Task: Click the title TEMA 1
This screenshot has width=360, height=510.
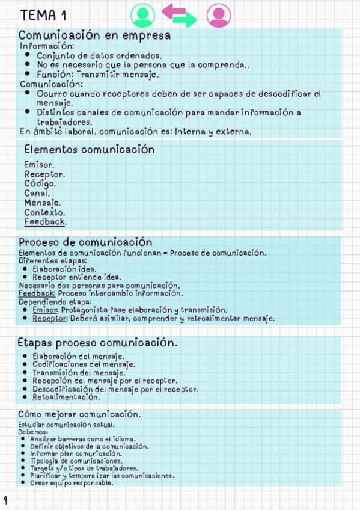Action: [43, 15]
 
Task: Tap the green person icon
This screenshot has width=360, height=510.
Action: [142, 15]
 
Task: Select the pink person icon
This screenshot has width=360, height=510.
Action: [218, 15]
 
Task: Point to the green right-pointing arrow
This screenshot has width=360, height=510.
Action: [185, 20]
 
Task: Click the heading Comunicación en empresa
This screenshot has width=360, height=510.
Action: [94, 35]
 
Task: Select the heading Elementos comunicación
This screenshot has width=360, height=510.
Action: [89, 149]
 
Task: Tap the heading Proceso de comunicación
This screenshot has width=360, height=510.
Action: [85, 242]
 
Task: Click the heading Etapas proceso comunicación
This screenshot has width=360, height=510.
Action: [97, 343]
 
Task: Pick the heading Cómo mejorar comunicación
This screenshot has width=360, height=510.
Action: [79, 414]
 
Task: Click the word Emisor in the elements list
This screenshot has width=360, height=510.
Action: [38, 164]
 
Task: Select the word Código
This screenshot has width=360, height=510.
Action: [40, 183]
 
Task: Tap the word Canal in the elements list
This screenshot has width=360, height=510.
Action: [37, 193]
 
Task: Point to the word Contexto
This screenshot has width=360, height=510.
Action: [44, 212]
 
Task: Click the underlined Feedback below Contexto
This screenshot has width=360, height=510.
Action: [44, 222]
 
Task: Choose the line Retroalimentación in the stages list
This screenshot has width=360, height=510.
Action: [66, 397]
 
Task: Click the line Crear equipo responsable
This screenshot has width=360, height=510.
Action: [71, 483]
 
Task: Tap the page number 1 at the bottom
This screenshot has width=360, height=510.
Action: [5, 499]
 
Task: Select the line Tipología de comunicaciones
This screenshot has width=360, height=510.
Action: [75, 461]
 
